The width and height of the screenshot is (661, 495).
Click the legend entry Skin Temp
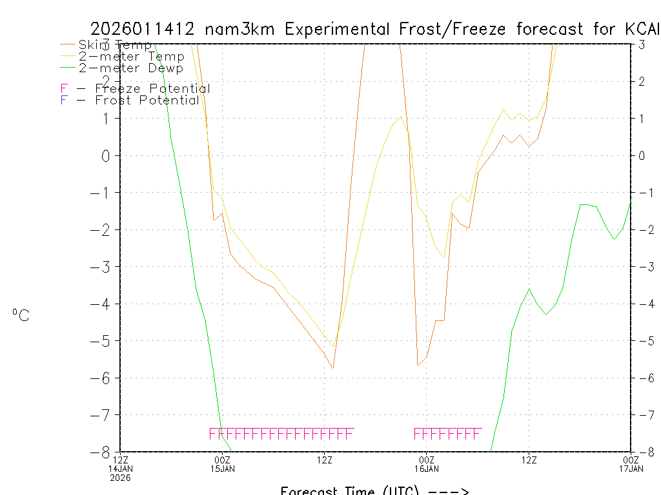click(x=115, y=45)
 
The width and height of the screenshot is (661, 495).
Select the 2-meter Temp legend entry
click(x=131, y=57)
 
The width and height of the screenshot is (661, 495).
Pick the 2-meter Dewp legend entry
click(x=130, y=68)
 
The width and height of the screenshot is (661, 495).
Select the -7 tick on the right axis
click(x=642, y=414)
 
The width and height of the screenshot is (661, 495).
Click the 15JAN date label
click(x=223, y=469)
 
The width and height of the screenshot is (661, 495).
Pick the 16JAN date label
click(x=427, y=469)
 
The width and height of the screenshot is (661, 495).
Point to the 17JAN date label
click(x=630, y=469)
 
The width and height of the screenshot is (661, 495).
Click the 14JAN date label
click(x=121, y=469)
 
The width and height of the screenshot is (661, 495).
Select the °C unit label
click(x=21, y=315)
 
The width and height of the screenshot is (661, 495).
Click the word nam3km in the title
click(x=241, y=29)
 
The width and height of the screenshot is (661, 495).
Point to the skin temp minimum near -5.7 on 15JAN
click(x=332, y=368)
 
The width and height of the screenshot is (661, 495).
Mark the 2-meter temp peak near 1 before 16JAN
click(x=402, y=117)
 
